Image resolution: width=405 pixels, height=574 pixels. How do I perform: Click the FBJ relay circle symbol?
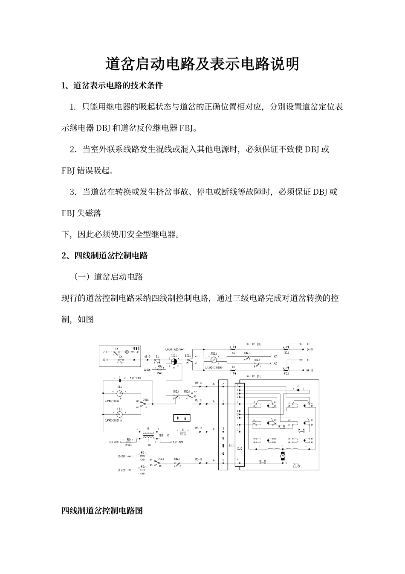click(x=120, y=415)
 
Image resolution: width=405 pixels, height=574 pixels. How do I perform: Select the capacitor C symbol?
click(x=120, y=378)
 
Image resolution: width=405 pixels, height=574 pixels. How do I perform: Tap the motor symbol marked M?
click(x=282, y=457)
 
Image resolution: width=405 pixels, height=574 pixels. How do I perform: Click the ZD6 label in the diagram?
click(x=295, y=466)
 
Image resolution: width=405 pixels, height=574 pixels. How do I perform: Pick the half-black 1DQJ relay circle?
click(x=174, y=361)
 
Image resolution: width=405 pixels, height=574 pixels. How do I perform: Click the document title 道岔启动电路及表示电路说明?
click(x=202, y=64)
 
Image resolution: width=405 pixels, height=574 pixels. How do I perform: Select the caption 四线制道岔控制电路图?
click(x=102, y=510)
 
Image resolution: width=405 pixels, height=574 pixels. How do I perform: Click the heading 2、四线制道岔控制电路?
click(x=104, y=255)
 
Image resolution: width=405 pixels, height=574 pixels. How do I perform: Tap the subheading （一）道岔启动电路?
click(x=109, y=277)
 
